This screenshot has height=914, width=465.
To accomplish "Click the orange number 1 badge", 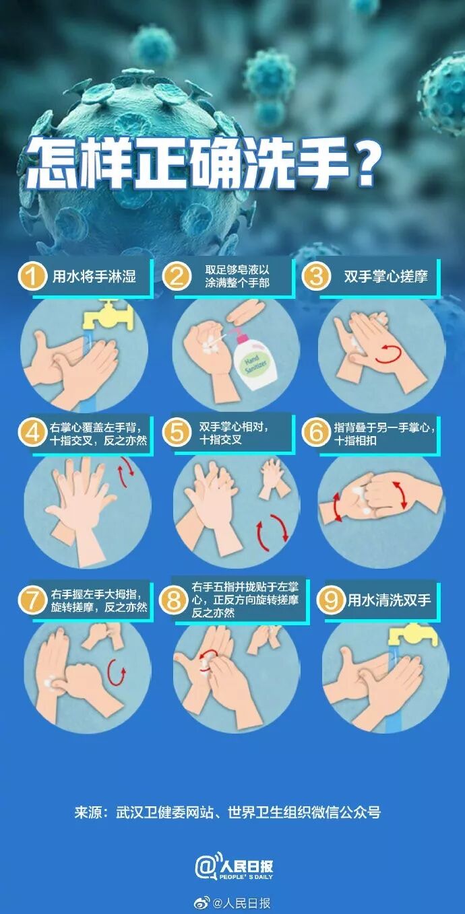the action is tap(32, 277).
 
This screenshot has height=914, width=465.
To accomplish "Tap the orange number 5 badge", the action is tap(177, 433).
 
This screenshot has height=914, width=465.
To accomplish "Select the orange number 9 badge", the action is tap(331, 600).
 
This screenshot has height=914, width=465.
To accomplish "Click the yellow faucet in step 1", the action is tap(108, 314).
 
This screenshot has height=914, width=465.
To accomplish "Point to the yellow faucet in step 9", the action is tap(412, 636).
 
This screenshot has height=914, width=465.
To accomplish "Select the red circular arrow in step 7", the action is tap(115, 672).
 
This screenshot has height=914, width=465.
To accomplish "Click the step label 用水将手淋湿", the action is tap(94, 277).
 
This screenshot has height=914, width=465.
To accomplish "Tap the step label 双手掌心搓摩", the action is tap(385, 277).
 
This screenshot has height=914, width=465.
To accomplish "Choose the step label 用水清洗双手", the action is tap(389, 600).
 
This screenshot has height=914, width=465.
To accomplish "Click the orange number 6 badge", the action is tap(316, 433).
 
